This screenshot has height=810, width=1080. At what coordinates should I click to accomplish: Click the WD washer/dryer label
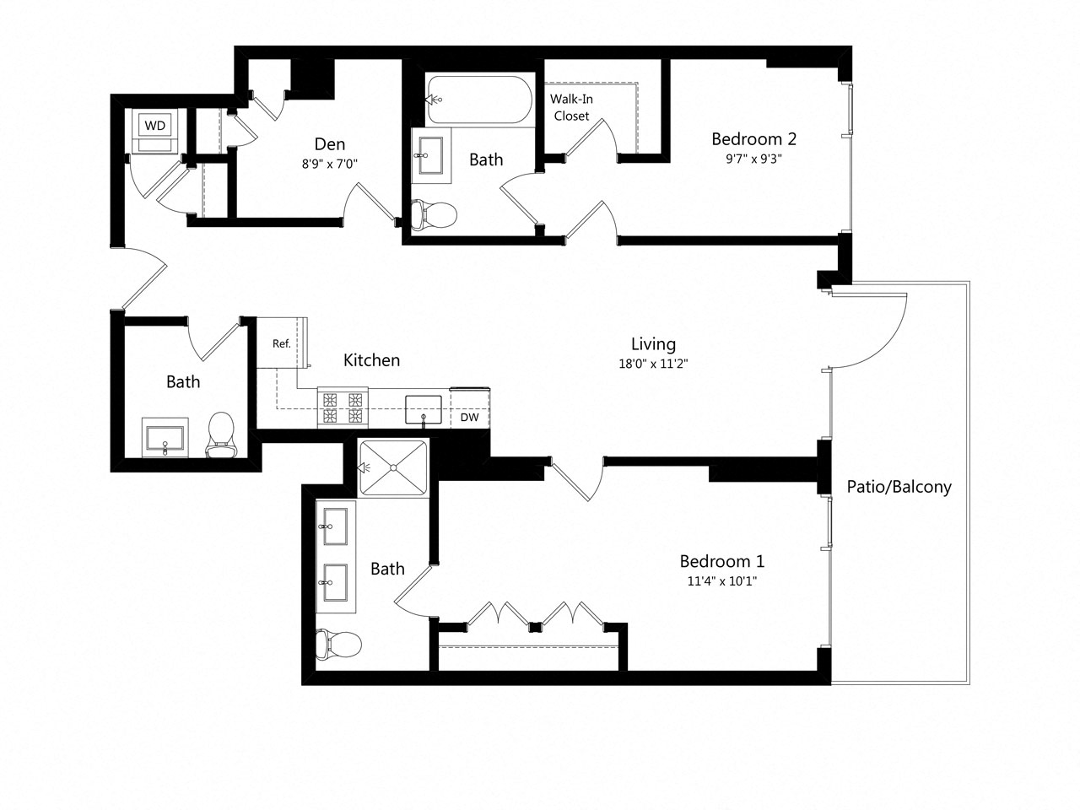(154, 126)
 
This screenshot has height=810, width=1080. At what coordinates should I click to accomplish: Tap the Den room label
(330, 144)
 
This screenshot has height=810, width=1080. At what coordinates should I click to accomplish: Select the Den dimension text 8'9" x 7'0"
(330, 165)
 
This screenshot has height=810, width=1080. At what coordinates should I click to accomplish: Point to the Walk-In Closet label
(571, 108)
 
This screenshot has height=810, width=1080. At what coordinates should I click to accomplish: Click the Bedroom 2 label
(753, 139)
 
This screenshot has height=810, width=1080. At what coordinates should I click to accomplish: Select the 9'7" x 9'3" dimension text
(753, 159)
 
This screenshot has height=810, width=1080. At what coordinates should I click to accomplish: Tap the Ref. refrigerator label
(281, 344)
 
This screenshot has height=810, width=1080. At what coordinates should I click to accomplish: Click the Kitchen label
(371, 360)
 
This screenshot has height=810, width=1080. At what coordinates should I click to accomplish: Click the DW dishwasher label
(469, 418)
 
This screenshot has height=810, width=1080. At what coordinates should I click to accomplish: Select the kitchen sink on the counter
(424, 409)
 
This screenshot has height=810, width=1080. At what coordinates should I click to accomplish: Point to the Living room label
(653, 344)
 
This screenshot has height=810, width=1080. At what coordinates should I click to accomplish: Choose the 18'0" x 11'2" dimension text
(653, 364)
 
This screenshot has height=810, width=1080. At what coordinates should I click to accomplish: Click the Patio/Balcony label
(899, 487)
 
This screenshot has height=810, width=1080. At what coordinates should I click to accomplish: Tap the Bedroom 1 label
(722, 561)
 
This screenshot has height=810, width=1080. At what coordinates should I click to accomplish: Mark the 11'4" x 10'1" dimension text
(722, 581)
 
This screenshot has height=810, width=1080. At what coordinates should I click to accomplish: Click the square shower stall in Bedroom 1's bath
(392, 467)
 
